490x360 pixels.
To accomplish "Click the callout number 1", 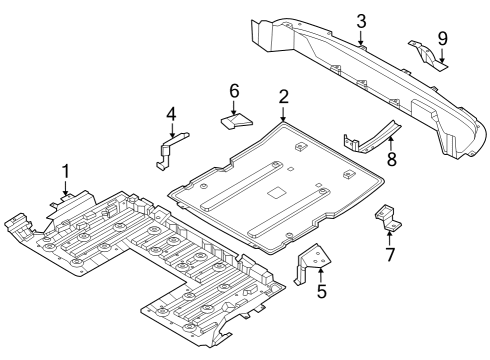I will (66, 170).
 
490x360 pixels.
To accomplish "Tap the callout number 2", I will (284, 97).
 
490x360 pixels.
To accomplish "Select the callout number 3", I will (361, 21).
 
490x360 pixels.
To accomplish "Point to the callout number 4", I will (171, 114).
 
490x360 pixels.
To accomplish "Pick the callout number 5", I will (321, 292).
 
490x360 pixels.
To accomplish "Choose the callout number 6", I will (235, 91).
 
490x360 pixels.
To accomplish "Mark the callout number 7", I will (390, 255).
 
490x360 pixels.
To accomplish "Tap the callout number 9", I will (442, 39).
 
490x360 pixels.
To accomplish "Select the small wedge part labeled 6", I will (234, 122).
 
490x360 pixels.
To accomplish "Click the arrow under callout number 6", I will (235, 107).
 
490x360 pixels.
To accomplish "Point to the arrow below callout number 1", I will (66, 187).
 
